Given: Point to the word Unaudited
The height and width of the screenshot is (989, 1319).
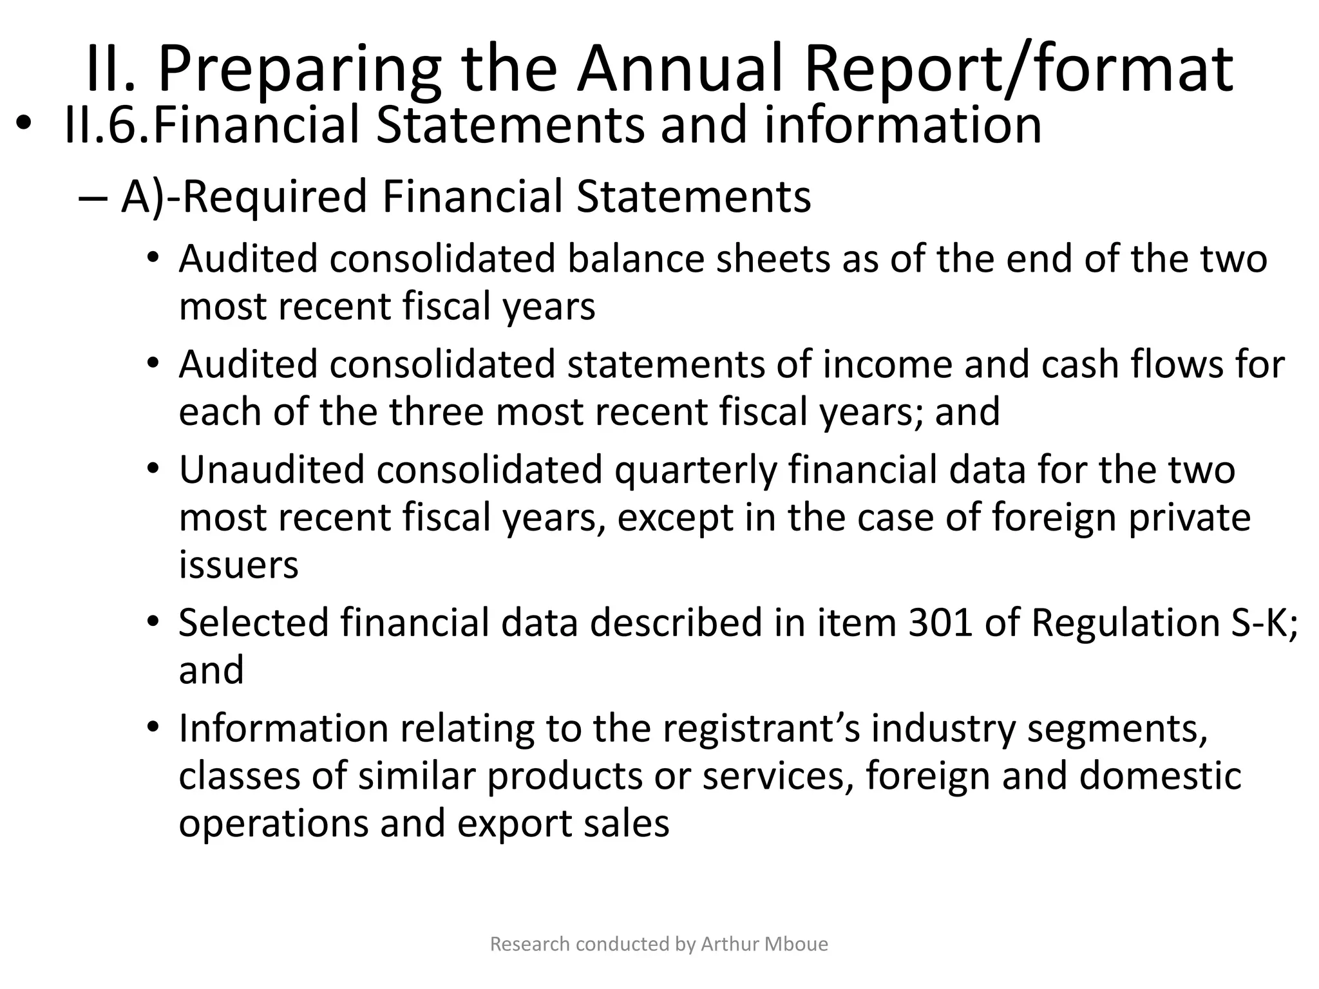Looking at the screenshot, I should coord(271,469).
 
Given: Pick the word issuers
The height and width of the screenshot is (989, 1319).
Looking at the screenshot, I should coord(238,565).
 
